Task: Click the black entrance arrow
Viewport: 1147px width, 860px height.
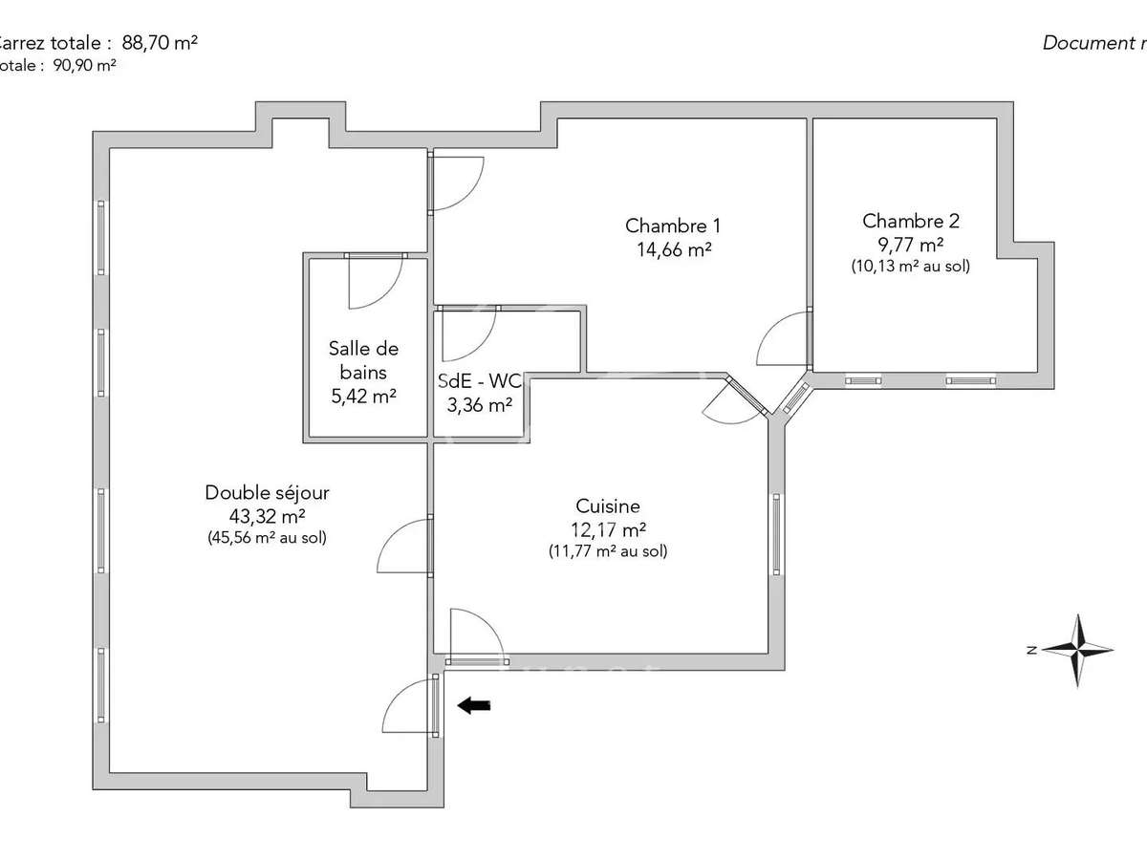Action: tap(474, 706)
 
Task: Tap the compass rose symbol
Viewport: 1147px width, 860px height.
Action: tap(1078, 651)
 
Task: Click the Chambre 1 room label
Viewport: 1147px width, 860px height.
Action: tap(673, 226)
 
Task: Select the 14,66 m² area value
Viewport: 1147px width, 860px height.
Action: tap(675, 249)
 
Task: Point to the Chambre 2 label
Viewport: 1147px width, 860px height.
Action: tap(910, 221)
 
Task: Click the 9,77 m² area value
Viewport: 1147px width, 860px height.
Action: tap(910, 244)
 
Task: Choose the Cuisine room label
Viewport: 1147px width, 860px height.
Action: tap(608, 506)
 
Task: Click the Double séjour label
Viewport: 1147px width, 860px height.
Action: tap(267, 493)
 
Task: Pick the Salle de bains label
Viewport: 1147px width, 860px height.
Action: tap(364, 360)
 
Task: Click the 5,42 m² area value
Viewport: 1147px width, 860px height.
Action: tap(364, 396)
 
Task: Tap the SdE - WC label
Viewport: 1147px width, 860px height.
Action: tap(479, 380)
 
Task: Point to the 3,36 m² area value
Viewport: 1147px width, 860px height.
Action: tap(479, 404)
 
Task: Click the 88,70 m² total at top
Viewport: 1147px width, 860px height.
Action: tap(160, 43)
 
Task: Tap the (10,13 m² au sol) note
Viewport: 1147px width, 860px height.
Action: tap(910, 267)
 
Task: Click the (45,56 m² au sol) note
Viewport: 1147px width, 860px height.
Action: tap(267, 538)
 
